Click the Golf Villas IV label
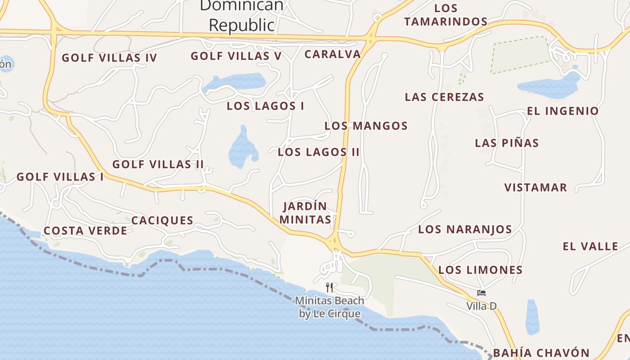[x=109, y=58]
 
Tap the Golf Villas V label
[x=236, y=56]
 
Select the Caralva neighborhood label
[x=333, y=54]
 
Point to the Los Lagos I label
[x=265, y=106]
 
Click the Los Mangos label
[x=366, y=126]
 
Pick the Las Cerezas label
[x=444, y=97]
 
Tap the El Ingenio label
[x=563, y=111]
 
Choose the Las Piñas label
[x=507, y=143]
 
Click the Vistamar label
[x=535, y=188]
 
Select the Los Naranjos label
[x=465, y=229]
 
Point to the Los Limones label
[x=480, y=270]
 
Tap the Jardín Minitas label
[x=305, y=213]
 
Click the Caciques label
[x=162, y=220]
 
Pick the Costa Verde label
[x=85, y=231]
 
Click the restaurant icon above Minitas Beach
[x=329, y=287]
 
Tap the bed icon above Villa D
[x=481, y=293]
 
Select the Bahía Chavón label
[x=541, y=352]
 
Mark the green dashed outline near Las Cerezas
[x=520, y=55]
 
